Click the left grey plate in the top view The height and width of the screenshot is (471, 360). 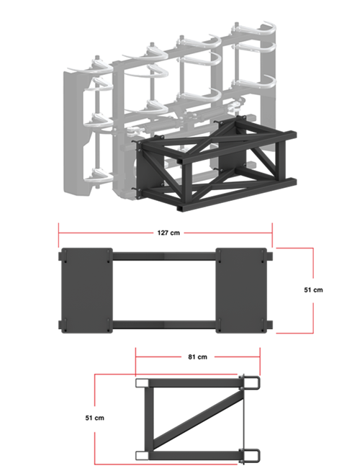pos(85,290)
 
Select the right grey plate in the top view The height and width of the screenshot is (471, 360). pos(243,290)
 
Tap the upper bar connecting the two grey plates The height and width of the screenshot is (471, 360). pos(164,256)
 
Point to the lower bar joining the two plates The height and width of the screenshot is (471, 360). pos(164,324)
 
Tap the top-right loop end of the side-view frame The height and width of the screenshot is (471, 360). pos(251,382)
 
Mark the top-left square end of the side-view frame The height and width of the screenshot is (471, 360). pos(142,382)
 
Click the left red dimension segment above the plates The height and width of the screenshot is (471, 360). pos(106,233)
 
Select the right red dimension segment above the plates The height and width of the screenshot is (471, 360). pos(228,233)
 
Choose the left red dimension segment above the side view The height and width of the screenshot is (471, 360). pos(158,356)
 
